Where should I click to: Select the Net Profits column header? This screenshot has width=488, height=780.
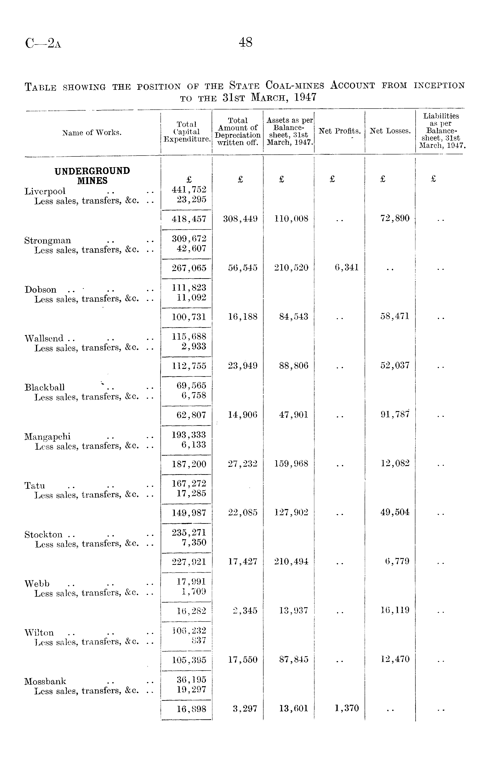tap(339, 131)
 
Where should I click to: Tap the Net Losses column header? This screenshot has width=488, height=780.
tap(390, 131)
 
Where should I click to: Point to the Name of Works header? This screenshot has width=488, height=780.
tap(92, 133)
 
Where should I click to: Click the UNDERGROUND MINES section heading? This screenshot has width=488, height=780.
tap(92, 176)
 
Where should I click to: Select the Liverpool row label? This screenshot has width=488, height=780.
tap(45, 191)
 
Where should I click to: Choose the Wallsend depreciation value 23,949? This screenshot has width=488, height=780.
tap(242, 365)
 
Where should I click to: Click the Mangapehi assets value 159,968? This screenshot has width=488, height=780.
tap(291, 464)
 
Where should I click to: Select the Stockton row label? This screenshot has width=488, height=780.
tap(43, 534)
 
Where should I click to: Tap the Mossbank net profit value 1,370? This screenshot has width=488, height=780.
tap(347, 708)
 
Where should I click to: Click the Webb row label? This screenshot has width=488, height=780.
tap(37, 584)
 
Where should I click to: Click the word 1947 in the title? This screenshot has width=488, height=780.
tap(305, 98)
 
